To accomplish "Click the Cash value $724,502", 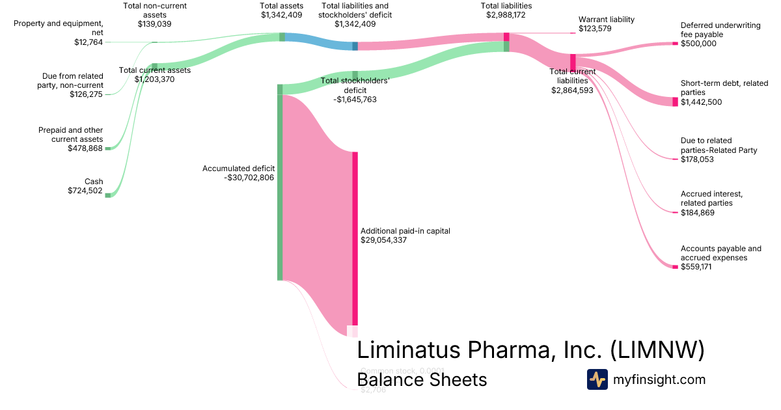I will [85, 191].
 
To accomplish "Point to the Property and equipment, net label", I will [58, 28].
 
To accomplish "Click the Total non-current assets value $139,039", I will [155, 23].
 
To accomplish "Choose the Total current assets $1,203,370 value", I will [154, 79].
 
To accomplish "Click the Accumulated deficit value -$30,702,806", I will [249, 177].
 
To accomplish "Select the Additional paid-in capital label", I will [405, 231].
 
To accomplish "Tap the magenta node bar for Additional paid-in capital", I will [355, 241].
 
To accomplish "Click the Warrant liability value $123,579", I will [597, 29].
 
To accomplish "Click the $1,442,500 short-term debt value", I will [701, 102].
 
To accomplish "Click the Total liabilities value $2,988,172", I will [506, 14].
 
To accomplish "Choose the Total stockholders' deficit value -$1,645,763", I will [355, 100].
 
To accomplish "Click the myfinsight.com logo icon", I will [597, 379].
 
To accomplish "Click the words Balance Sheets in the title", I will [422, 379].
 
